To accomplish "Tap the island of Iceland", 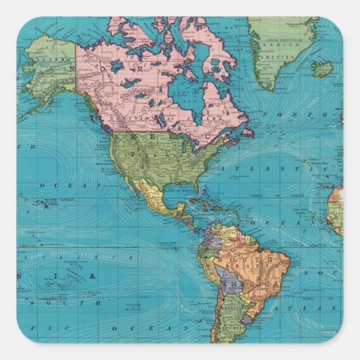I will tap(322, 69).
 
